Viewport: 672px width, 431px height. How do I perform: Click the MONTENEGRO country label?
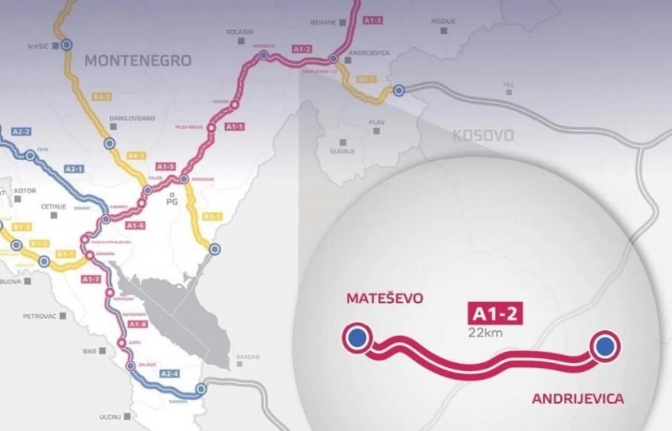coord(138,60)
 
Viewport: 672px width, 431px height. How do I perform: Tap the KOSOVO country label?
coord(483,135)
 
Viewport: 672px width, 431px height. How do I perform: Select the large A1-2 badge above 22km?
coord(492,315)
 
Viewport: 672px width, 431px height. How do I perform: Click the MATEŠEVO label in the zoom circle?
coord(385,299)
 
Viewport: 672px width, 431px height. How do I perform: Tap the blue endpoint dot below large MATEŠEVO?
coord(355,337)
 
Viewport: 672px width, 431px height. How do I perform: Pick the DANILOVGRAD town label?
coord(132,118)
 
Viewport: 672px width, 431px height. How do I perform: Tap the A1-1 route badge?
coord(235,127)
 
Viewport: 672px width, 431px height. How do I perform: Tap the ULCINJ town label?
coord(90,416)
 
